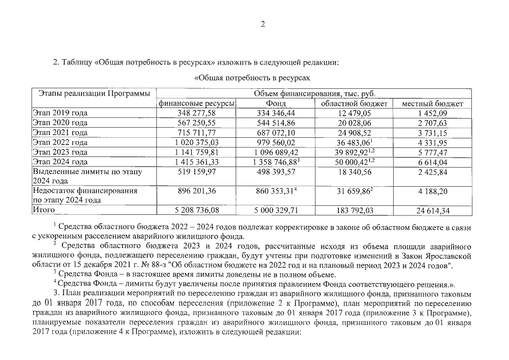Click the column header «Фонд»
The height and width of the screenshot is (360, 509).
pos(275,103)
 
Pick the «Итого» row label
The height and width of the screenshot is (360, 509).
pos(44,210)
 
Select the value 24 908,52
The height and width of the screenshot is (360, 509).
pos(354,133)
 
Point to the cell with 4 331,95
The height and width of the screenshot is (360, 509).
pos(433,142)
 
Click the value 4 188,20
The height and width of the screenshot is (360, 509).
pos(433,191)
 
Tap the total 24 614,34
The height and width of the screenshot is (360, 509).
pos(433,210)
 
